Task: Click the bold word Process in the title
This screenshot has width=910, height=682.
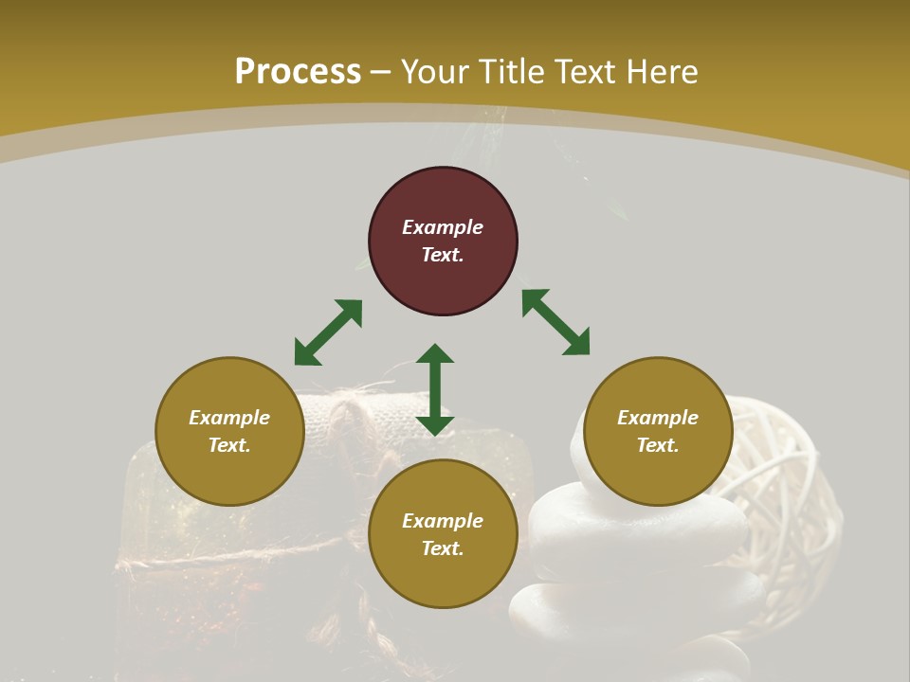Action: [x=298, y=71]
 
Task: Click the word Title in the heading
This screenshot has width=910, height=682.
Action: [x=514, y=71]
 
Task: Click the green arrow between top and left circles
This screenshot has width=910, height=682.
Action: [x=328, y=332]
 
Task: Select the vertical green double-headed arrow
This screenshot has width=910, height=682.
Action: [x=435, y=389]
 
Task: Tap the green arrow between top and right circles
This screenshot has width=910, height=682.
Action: [x=555, y=322]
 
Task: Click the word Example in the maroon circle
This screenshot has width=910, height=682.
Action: [x=443, y=227]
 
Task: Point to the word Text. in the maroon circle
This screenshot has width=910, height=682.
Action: [x=443, y=255]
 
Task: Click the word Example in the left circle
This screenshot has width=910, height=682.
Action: [x=229, y=418]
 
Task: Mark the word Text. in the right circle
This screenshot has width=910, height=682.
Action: [x=658, y=445]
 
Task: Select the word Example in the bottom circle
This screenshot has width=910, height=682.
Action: [x=443, y=521]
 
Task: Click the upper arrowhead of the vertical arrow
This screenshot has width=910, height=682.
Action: [x=435, y=354]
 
